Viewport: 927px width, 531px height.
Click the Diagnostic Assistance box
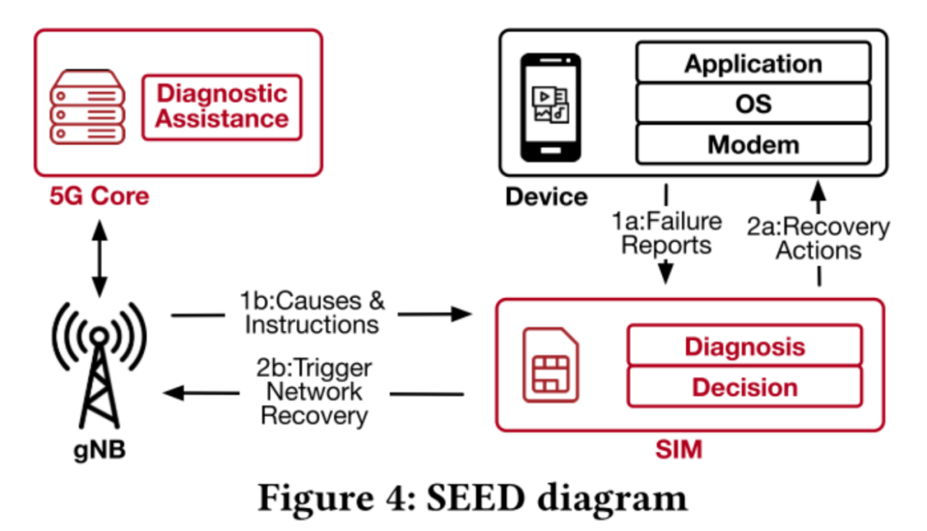point(221,107)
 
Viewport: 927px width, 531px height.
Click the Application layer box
point(753,64)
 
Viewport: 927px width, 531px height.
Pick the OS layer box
point(753,104)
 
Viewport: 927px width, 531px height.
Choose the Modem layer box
point(753,144)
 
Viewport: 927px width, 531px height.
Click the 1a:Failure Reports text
point(666,234)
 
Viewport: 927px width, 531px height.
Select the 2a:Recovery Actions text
point(817,238)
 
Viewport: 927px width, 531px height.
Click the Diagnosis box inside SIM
point(744,346)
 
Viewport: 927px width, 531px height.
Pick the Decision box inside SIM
point(744,388)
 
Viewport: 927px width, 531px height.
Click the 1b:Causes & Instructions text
point(312,314)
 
